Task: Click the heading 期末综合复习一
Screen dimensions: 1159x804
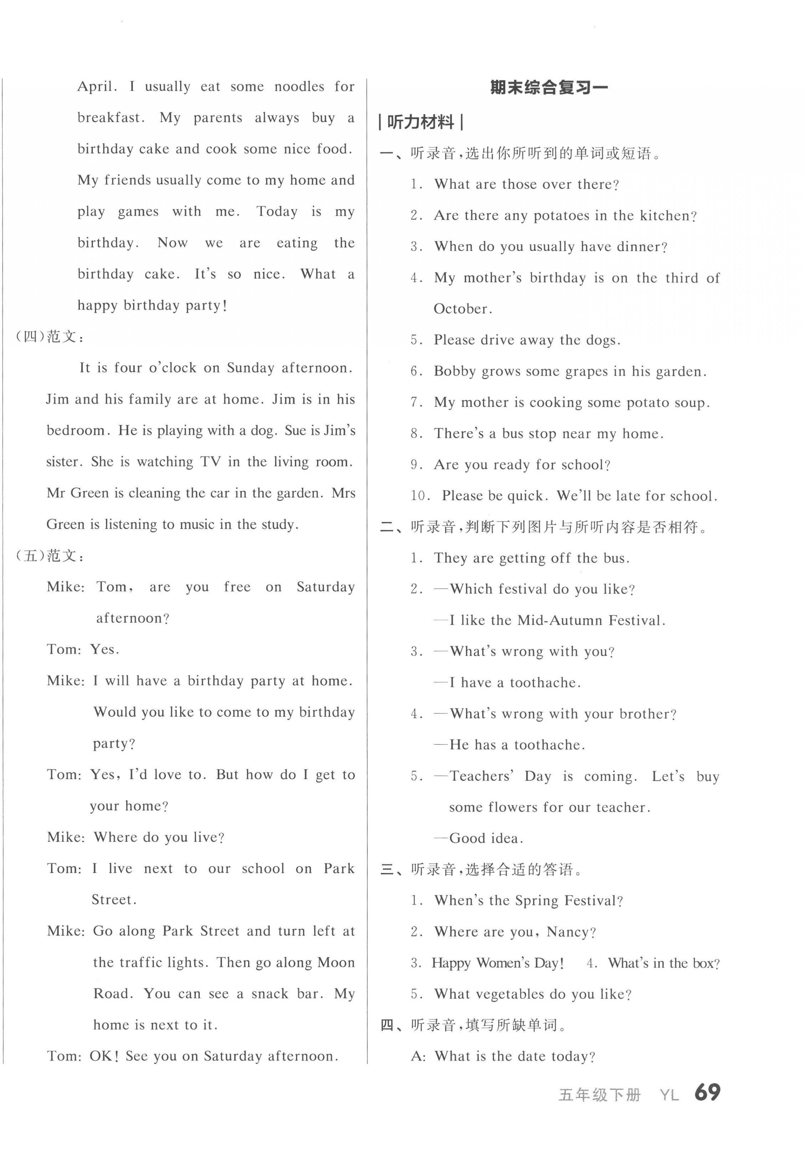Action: [x=549, y=88]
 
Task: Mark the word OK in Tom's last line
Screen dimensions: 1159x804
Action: [x=104, y=1056]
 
